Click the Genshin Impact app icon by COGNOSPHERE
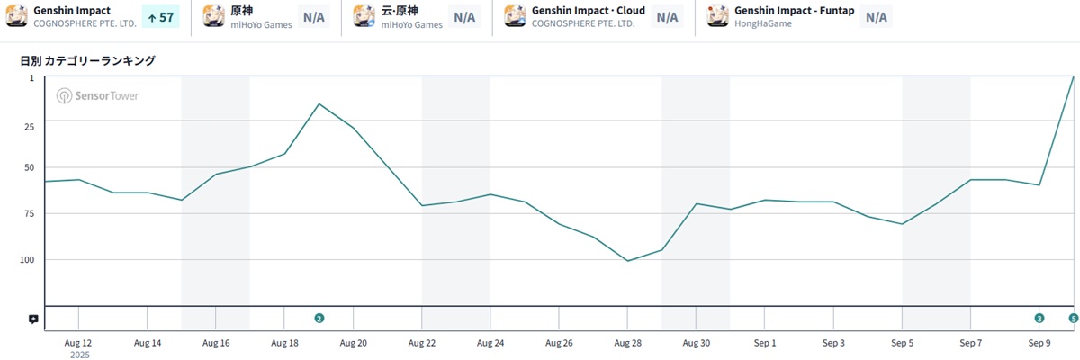[x=17, y=16]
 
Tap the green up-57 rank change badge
[x=160, y=17]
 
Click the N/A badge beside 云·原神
[x=464, y=17]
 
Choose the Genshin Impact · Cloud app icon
[x=515, y=16]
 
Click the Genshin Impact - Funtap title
[x=794, y=11]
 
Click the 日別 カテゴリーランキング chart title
[x=87, y=61]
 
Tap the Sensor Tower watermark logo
[x=97, y=96]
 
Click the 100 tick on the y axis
[x=26, y=260]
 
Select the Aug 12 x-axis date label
[x=78, y=343]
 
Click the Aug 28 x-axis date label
[x=627, y=343]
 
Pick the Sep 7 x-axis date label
[x=971, y=343]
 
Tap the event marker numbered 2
[x=319, y=318]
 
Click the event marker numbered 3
[x=1039, y=318]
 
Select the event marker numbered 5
[x=1073, y=318]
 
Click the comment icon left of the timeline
[x=33, y=319]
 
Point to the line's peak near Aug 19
[x=319, y=103]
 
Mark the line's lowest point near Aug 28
[x=627, y=261]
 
